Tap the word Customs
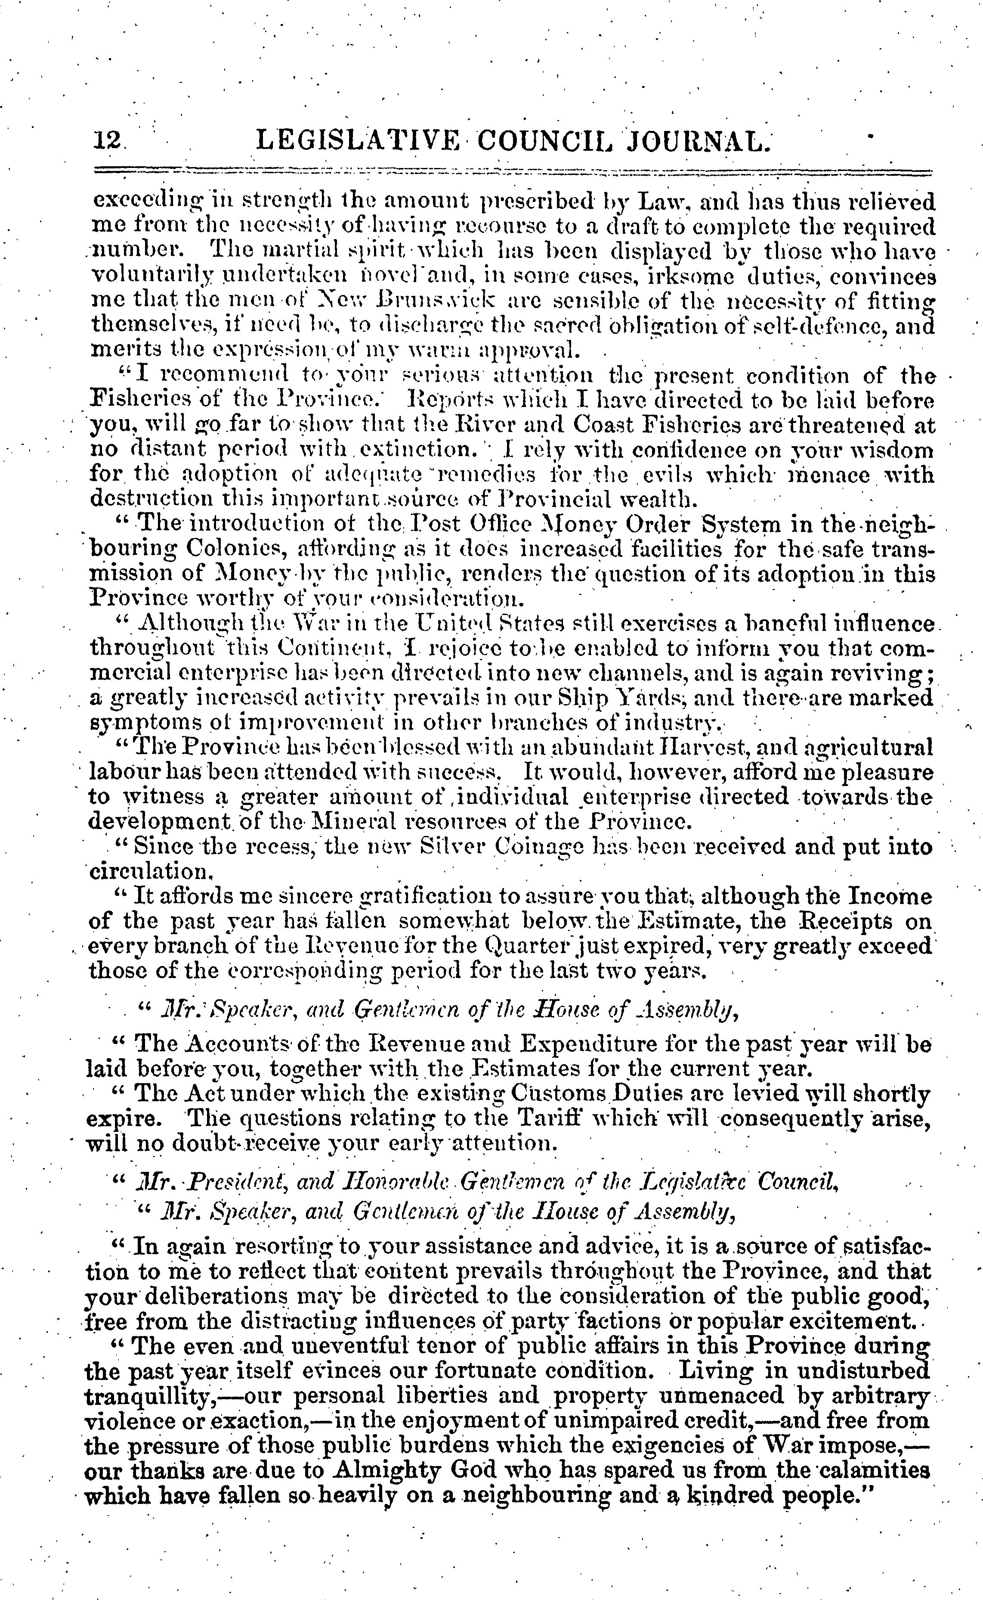coord(575,1094)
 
